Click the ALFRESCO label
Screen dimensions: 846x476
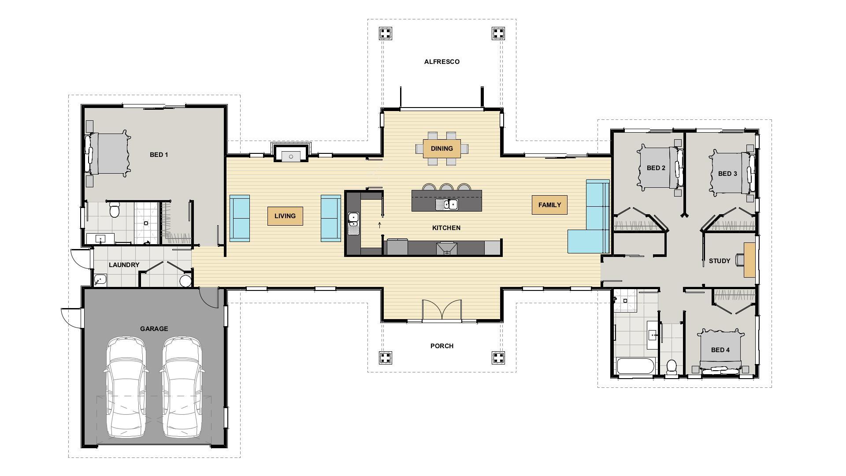pos(442,62)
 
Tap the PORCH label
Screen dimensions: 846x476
pos(442,346)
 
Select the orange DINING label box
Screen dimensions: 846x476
pos(442,149)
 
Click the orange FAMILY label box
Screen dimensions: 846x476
pos(549,205)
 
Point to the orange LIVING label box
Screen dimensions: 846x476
pos(285,216)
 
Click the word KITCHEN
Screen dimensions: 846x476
pos(446,228)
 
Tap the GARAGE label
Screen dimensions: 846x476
pos(154,329)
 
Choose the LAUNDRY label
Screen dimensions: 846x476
pos(124,265)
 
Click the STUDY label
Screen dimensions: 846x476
pos(720,261)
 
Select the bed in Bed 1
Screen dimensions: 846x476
pos(108,154)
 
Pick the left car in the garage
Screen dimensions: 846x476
pos(125,387)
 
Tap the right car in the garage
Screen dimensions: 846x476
pos(182,387)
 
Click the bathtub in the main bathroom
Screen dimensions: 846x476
pos(636,367)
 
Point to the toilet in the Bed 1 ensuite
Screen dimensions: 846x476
pos(115,210)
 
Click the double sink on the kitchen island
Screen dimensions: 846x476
pos(447,205)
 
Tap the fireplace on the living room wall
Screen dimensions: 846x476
pos(291,153)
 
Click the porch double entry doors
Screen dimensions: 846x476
pos(442,310)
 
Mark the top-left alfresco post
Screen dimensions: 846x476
pos(386,33)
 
